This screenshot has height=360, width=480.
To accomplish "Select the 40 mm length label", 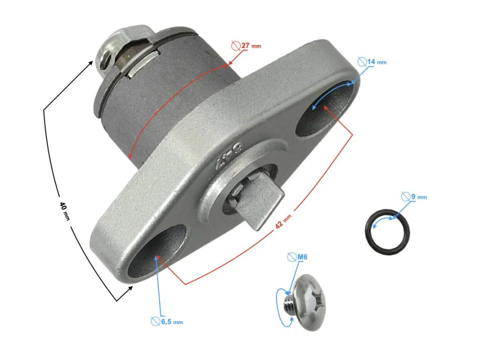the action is [x=64, y=211].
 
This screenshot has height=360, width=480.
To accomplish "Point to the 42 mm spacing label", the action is [x=283, y=221].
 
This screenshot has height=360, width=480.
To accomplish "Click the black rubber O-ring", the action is [x=387, y=231].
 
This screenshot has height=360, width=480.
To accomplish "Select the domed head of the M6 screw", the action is [x=309, y=302].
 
